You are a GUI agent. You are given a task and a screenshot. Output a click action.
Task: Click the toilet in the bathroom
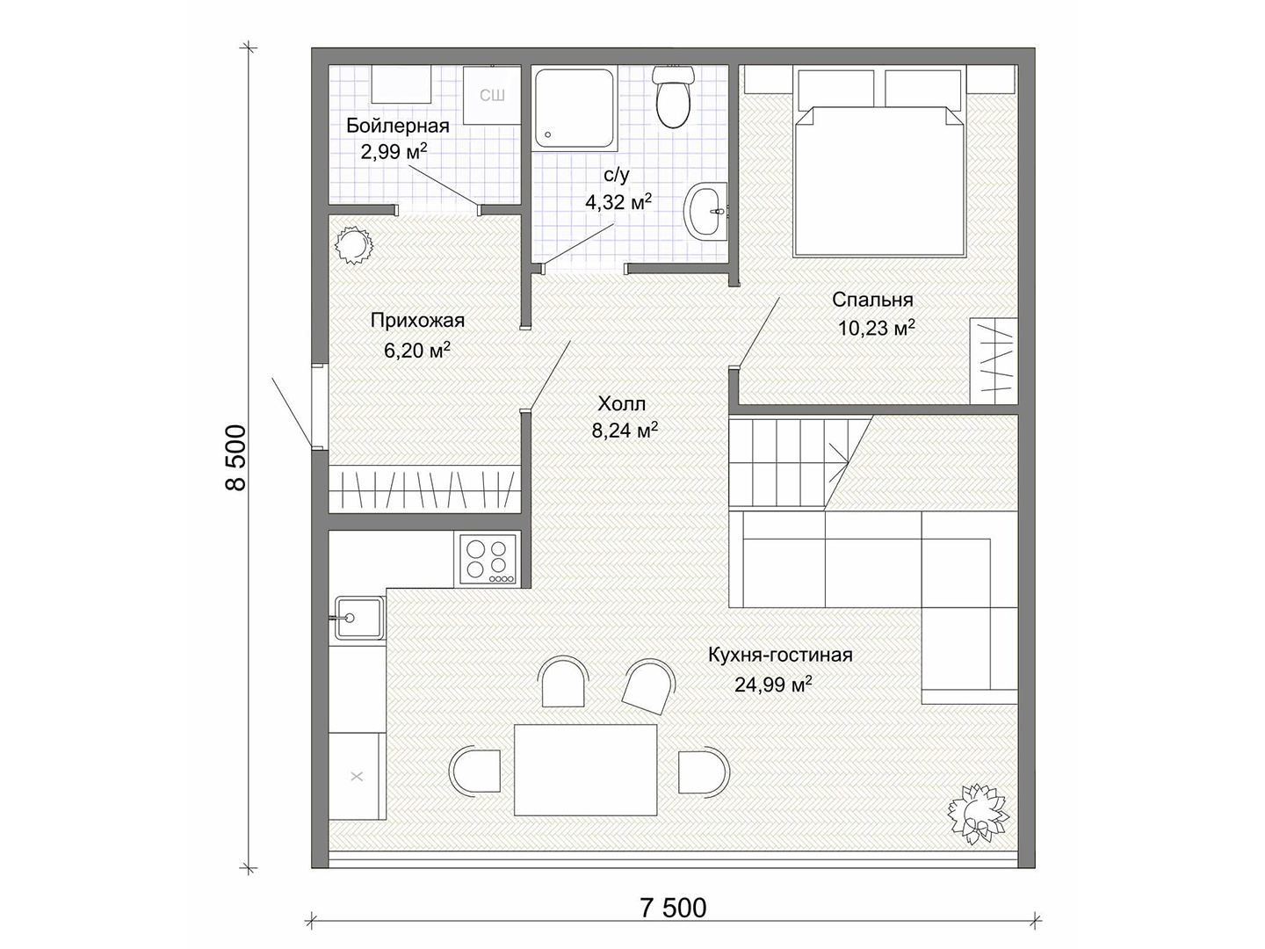pyautogui.click(x=673, y=97)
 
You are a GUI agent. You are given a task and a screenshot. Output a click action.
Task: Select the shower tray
pyautogui.click(x=574, y=108)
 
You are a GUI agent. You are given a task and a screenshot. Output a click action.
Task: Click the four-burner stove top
pyautogui.click(x=487, y=560)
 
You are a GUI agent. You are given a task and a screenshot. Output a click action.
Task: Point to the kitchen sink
pyautogui.click(x=359, y=618)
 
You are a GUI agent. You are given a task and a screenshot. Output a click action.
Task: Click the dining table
pyautogui.click(x=586, y=770)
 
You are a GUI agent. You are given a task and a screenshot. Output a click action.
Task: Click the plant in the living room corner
pyautogui.click(x=978, y=814)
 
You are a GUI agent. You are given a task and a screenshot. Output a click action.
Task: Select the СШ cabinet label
pyautogui.click(x=492, y=96)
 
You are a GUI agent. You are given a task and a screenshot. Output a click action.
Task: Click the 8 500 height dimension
pyautogui.click(x=235, y=458)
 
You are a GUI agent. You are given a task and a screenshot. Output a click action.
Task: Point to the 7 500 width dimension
pyautogui.click(x=673, y=908)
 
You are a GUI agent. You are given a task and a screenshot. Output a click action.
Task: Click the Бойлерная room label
pyautogui.click(x=398, y=126)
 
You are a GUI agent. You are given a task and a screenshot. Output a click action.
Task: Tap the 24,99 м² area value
pyautogui.click(x=773, y=685)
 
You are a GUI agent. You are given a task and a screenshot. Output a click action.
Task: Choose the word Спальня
pyautogui.click(x=872, y=300)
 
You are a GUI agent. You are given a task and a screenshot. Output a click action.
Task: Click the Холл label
pyautogui.click(x=621, y=403)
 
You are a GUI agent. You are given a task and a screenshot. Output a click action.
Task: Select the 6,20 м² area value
pyautogui.click(x=416, y=350)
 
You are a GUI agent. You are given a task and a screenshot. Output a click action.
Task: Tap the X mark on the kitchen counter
pyautogui.click(x=357, y=776)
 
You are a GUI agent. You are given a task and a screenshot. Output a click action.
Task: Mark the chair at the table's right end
pyautogui.click(x=704, y=772)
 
